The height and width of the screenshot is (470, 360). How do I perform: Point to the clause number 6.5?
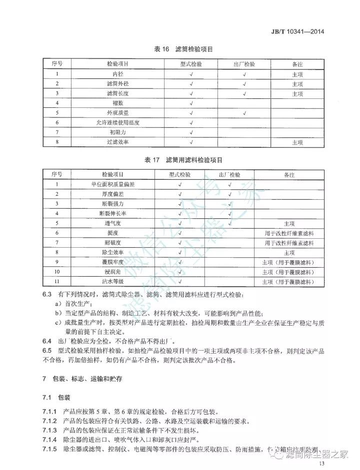(47, 351)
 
